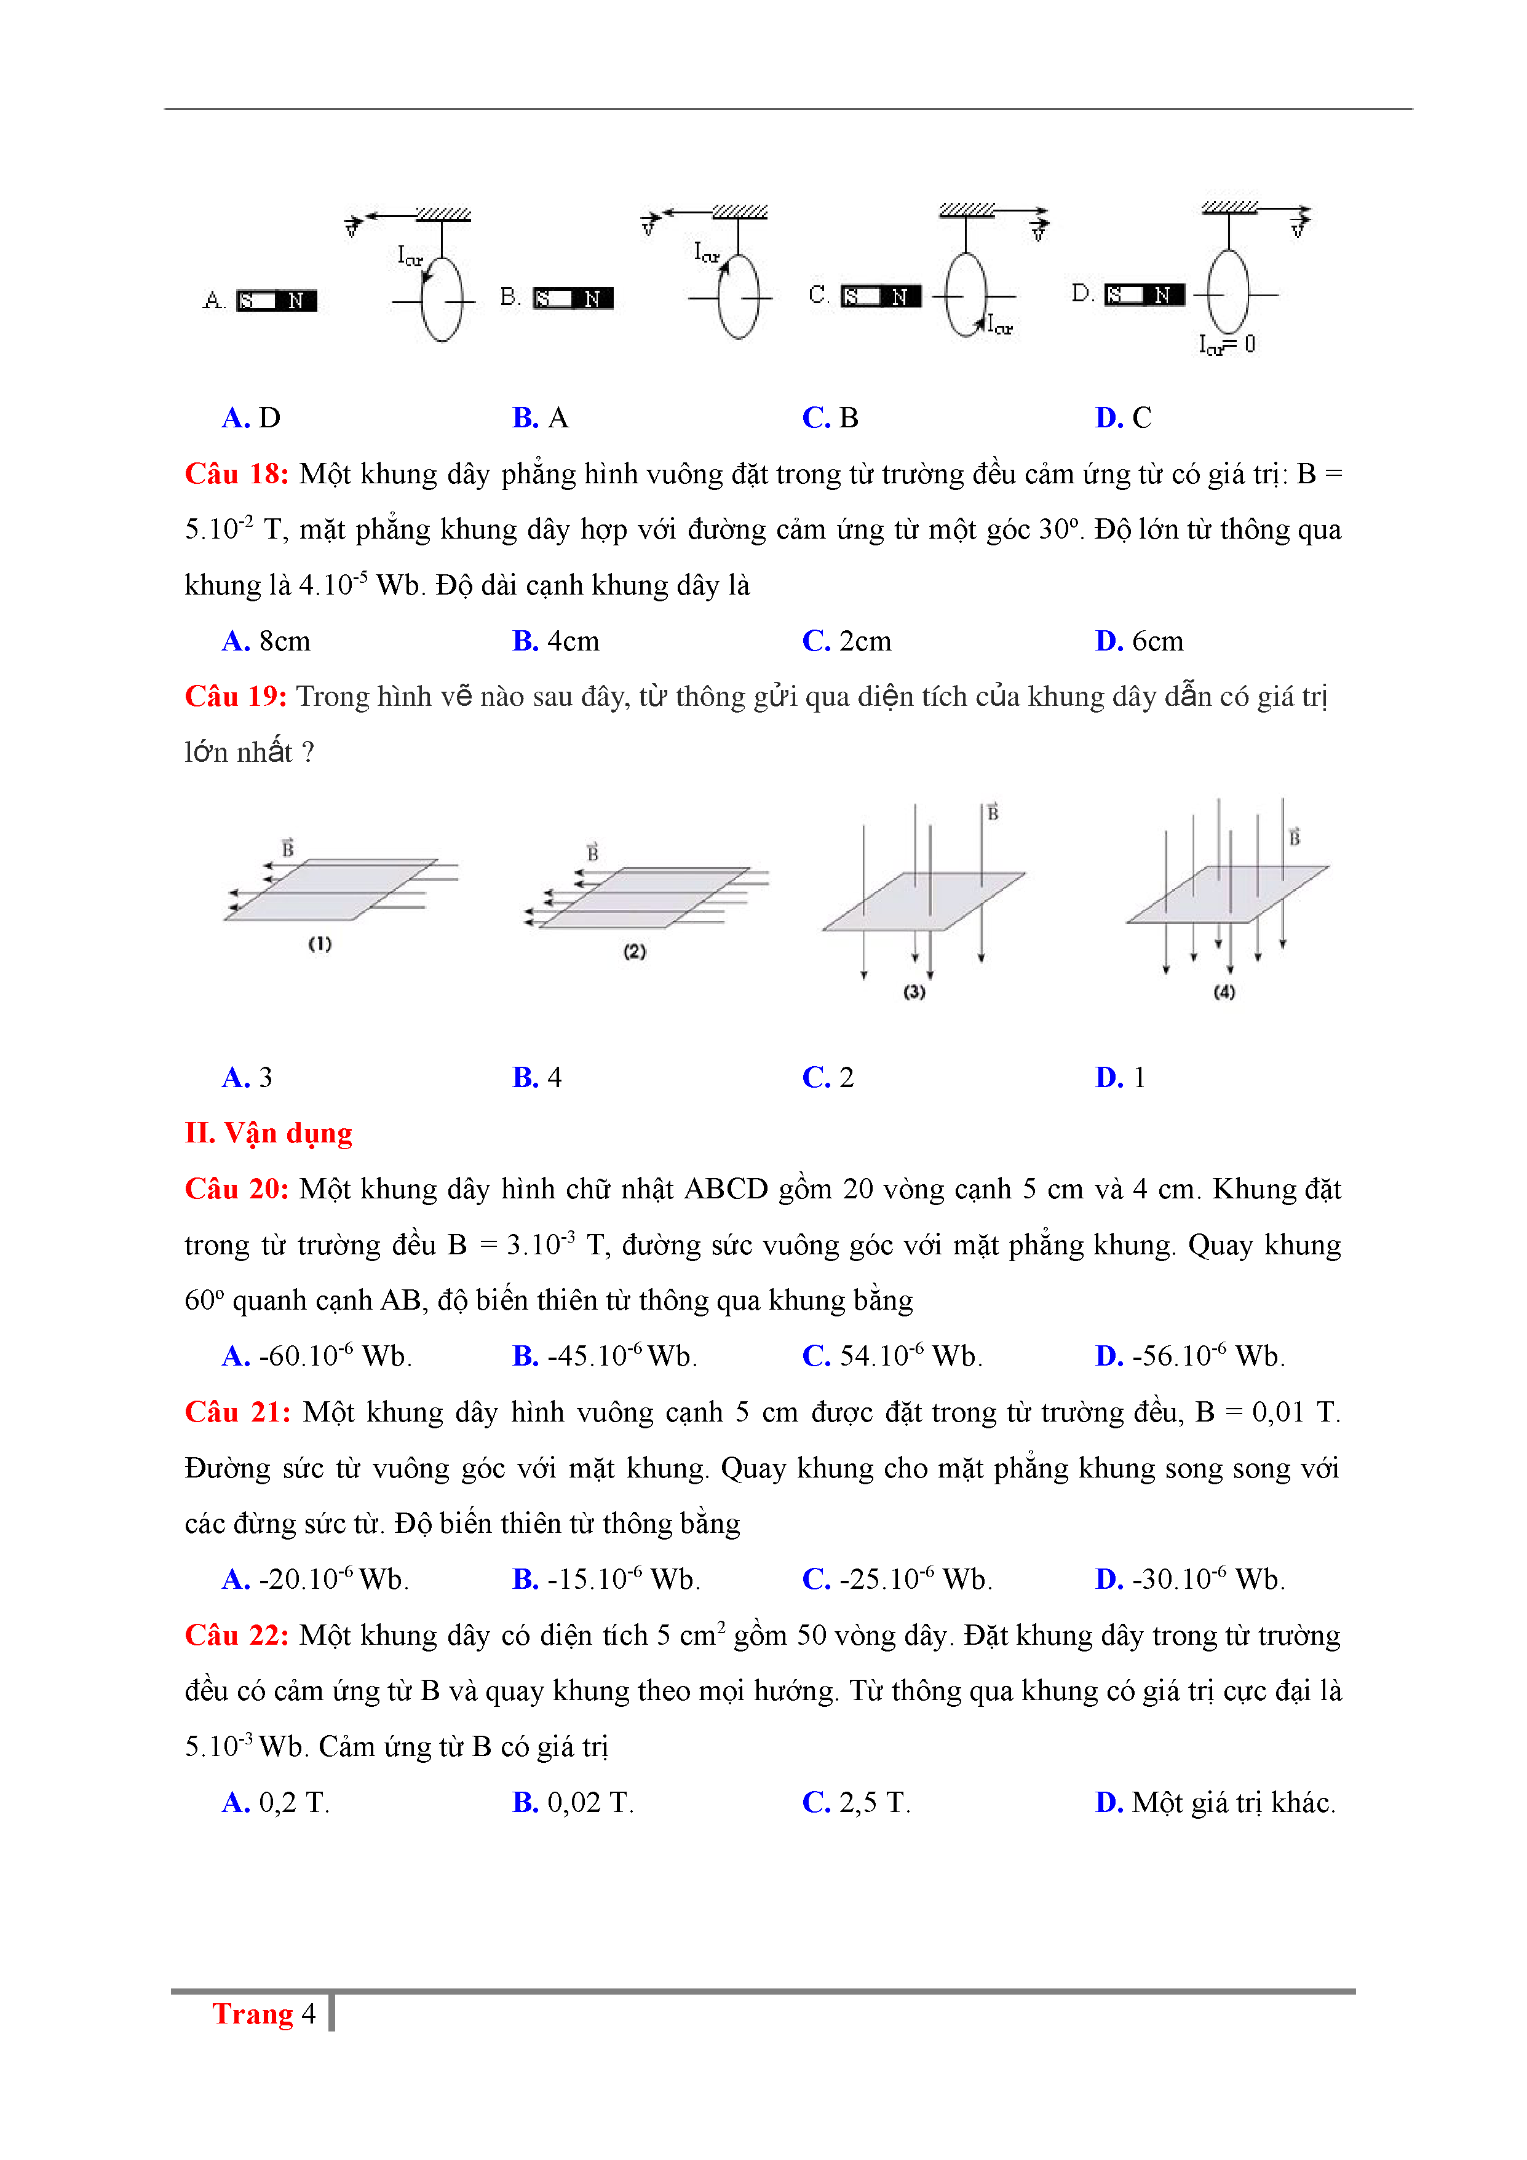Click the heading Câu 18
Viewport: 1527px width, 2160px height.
click(236, 474)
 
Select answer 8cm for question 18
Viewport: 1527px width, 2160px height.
click(266, 641)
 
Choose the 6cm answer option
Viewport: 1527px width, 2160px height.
click(1140, 641)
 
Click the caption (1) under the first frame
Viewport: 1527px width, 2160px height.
click(320, 944)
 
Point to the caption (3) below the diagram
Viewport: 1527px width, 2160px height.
click(914, 992)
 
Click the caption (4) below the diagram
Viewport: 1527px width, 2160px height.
click(1223, 992)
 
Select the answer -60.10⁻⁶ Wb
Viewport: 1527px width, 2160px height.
click(317, 1356)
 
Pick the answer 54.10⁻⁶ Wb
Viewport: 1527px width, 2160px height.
click(892, 1356)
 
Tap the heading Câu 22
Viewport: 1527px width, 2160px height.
click(236, 1636)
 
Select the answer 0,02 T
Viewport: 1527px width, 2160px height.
click(573, 1803)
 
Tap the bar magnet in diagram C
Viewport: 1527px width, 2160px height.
click(881, 296)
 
